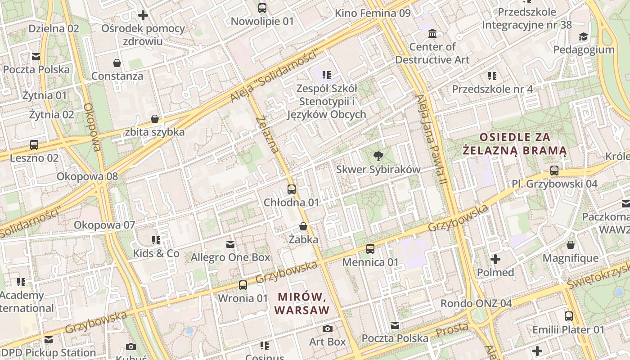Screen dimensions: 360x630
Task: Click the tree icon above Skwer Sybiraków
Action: (378, 156)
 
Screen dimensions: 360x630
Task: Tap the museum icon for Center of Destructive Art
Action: (432, 34)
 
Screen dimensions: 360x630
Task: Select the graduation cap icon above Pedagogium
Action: (583, 37)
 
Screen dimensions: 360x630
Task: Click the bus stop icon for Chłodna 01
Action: (292, 189)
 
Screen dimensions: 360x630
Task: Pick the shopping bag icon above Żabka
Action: (303, 226)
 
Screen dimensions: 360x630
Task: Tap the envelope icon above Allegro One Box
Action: (230, 244)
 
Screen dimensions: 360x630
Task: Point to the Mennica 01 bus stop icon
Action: (370, 249)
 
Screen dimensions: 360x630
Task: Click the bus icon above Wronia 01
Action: (243, 285)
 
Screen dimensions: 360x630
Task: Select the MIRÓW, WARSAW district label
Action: (301, 303)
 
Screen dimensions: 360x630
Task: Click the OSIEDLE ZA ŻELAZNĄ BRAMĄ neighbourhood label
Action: (515, 144)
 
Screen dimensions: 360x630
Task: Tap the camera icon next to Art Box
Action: (328, 329)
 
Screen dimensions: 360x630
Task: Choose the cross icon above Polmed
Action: (495, 259)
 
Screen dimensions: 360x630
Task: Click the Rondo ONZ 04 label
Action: (476, 303)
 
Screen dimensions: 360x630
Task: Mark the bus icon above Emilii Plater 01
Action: (569, 316)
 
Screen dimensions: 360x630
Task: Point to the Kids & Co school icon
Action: (156, 240)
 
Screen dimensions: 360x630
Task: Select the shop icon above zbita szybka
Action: (155, 119)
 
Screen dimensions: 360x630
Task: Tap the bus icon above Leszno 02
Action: (34, 145)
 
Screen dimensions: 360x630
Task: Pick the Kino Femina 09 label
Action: (373, 13)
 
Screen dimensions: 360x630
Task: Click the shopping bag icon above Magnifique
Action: (571, 245)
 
